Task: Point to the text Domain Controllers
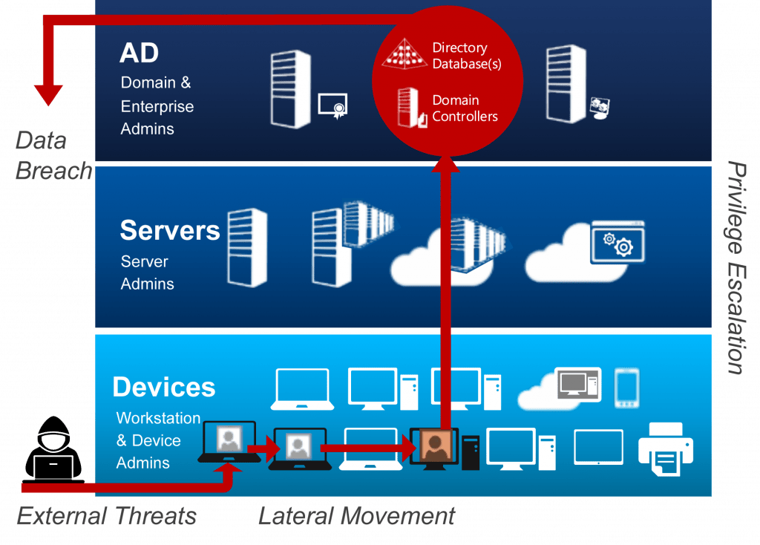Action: (465, 108)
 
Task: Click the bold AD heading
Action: (139, 53)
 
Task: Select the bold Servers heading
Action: (170, 230)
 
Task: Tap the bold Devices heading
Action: (164, 387)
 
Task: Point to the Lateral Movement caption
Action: (356, 515)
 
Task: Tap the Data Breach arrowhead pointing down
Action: (49, 93)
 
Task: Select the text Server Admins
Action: (147, 272)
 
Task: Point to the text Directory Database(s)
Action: (467, 56)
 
